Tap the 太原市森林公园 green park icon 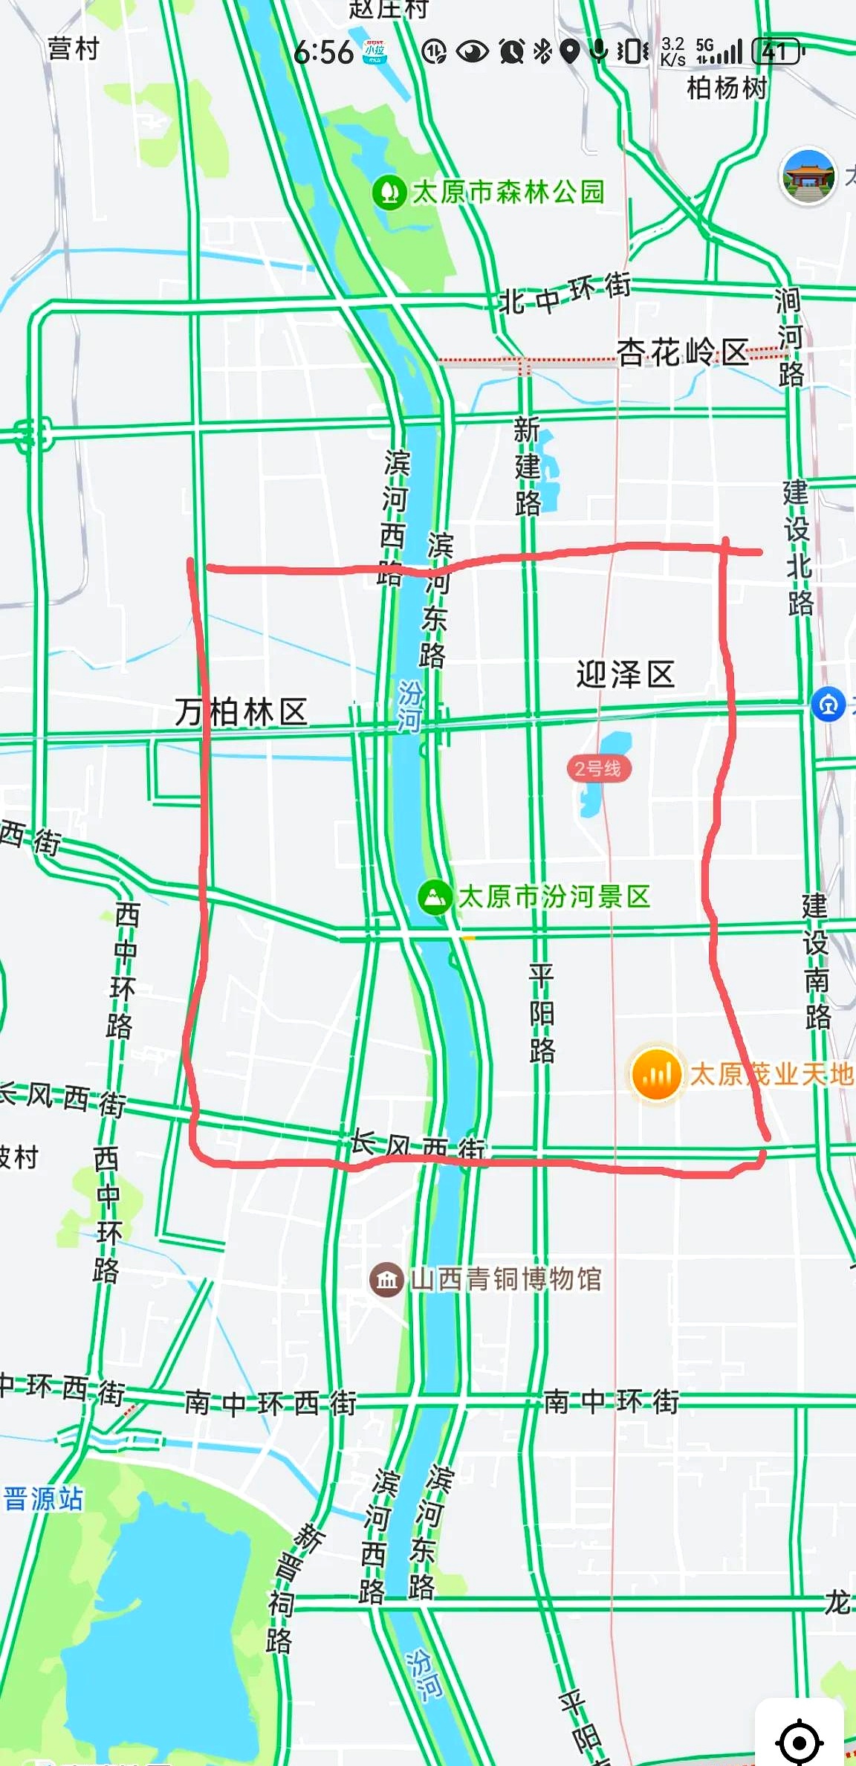[x=389, y=193]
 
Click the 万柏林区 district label [x=241, y=712]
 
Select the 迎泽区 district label [x=626, y=675]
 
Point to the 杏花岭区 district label [x=683, y=352]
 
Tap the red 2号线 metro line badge [x=598, y=768]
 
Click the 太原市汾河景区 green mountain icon [x=435, y=896]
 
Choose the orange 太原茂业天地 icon [x=656, y=1074]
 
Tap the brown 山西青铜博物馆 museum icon [x=386, y=1280]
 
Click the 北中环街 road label [x=565, y=294]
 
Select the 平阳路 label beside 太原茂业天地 [x=542, y=1012]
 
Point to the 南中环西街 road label [x=270, y=1403]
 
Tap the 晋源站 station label [x=43, y=1498]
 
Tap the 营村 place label [x=73, y=49]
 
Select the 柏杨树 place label [x=727, y=88]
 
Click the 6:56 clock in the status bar [x=323, y=52]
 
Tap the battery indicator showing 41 [x=777, y=52]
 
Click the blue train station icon [x=829, y=704]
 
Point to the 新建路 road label [x=527, y=467]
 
